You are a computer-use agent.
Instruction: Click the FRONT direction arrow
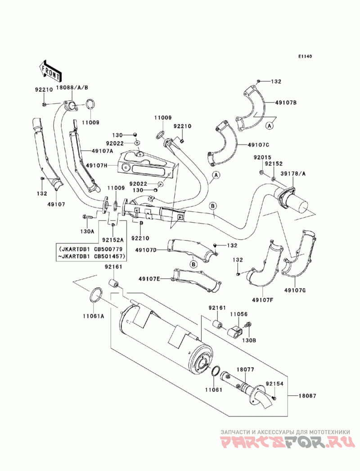pyautogui.click(x=50, y=71)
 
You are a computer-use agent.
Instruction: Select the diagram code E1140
pyautogui.click(x=305, y=56)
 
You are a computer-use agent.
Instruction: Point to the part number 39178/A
pyautogui.click(x=292, y=174)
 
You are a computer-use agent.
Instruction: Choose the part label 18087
pyautogui.click(x=307, y=396)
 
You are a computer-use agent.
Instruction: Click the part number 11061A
pyautogui.click(x=94, y=316)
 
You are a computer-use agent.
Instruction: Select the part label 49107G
pyautogui.click(x=295, y=290)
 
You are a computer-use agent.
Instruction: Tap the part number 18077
pyautogui.click(x=245, y=369)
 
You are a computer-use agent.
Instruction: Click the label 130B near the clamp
pyautogui.click(x=249, y=341)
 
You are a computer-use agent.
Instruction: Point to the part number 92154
pyautogui.click(x=274, y=384)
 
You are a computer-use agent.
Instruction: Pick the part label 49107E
pyautogui.click(x=149, y=279)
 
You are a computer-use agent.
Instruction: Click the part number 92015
pyautogui.click(x=262, y=157)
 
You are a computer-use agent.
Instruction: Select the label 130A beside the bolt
pyautogui.click(x=87, y=231)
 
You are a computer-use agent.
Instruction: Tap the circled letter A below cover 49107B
pyautogui.click(x=270, y=126)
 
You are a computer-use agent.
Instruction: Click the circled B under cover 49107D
pyautogui.click(x=194, y=265)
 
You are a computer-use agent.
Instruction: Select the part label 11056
pyautogui.click(x=238, y=314)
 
